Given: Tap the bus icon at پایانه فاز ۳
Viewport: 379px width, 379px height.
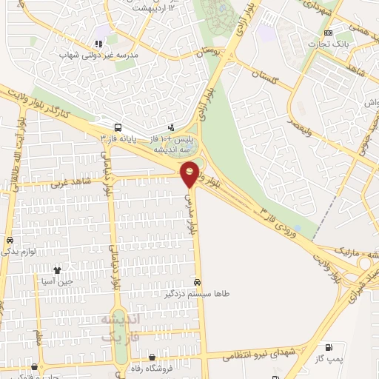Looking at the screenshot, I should tap(118, 127).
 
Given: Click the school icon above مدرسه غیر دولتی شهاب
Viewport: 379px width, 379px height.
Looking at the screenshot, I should tap(98, 43).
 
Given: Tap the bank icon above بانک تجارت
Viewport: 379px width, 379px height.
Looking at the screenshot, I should tap(328, 32).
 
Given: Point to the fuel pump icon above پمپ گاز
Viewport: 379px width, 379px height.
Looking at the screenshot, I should tap(328, 346).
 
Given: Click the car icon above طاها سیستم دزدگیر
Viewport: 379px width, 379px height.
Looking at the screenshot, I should tap(196, 282).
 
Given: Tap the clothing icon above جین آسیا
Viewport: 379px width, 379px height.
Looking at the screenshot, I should tap(58, 270).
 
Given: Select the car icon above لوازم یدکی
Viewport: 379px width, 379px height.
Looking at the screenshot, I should tap(9, 241).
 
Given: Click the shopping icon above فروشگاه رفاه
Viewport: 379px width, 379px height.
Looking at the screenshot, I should tap(152, 355).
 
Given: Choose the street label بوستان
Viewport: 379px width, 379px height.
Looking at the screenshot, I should tap(210, 53).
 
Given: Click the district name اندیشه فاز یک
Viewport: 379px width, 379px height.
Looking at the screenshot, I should tap(115, 326).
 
